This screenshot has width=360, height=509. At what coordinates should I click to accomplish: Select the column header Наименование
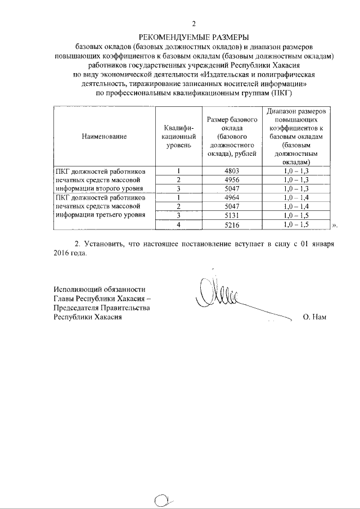tap(103, 136)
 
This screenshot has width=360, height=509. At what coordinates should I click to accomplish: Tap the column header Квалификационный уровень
tap(178, 136)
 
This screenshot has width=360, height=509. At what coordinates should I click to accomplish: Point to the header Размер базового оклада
tap(232, 136)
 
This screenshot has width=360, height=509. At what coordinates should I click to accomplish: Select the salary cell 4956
tap(232, 179)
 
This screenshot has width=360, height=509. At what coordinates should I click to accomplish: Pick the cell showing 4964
tap(232, 197)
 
